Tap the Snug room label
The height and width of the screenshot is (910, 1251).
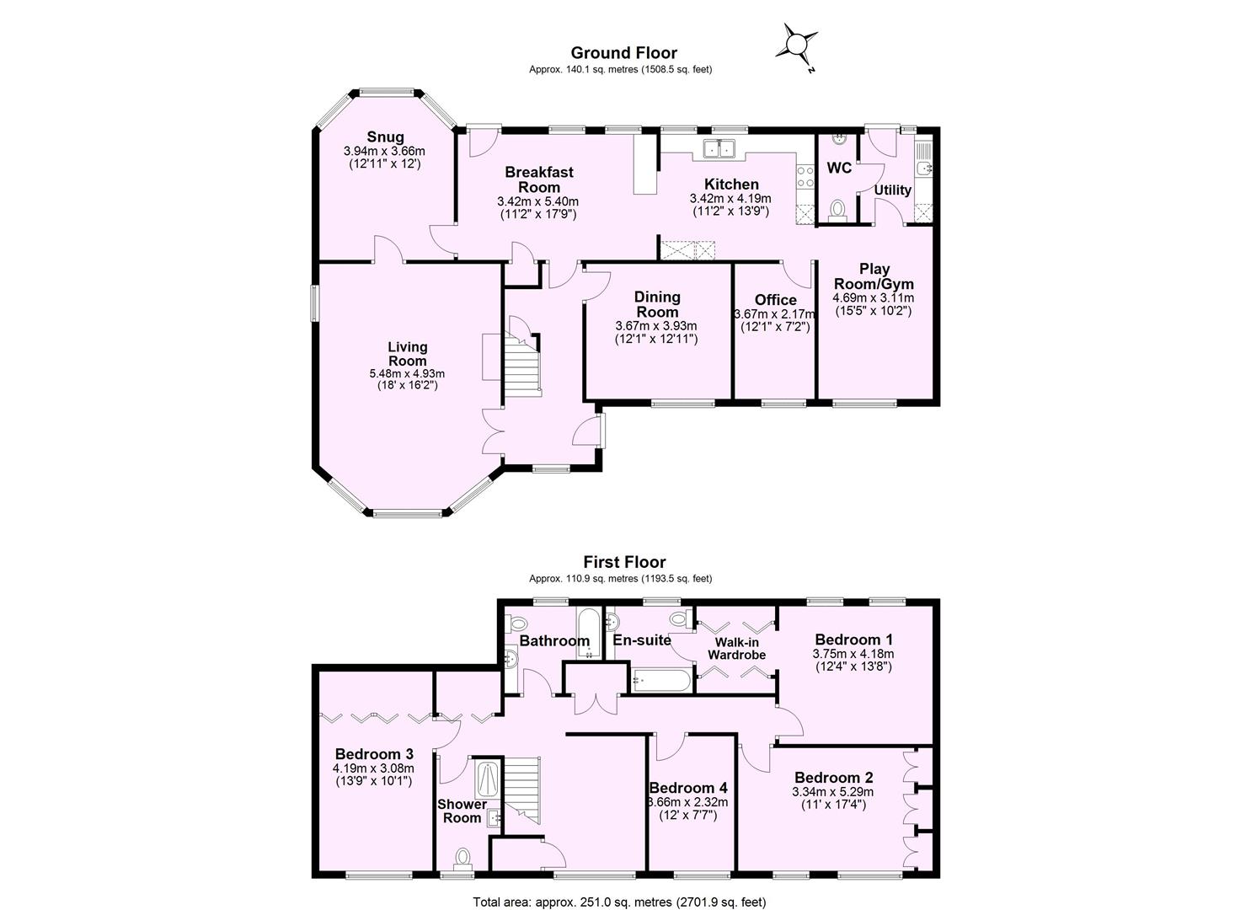click(385, 137)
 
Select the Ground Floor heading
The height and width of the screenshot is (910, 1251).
click(623, 53)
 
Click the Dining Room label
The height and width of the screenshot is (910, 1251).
click(657, 304)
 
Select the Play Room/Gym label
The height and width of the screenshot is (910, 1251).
click(874, 276)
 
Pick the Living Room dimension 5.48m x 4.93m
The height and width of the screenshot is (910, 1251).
click(407, 373)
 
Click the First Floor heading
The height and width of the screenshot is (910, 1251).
click(624, 562)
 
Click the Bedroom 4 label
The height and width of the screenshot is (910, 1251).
click(687, 788)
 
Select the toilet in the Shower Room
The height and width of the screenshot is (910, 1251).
click(462, 858)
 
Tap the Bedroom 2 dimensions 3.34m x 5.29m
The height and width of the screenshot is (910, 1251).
click(832, 792)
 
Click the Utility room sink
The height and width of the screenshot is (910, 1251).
click(923, 169)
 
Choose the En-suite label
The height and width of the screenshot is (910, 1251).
click(642, 640)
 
